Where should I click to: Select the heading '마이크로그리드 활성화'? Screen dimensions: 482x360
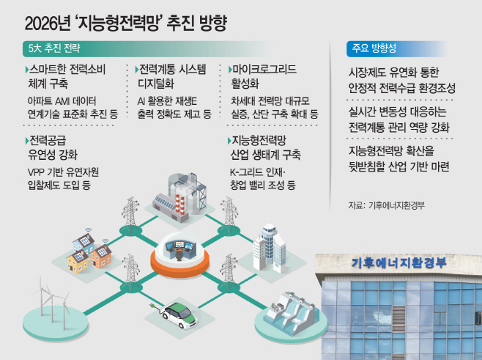coord(262,76)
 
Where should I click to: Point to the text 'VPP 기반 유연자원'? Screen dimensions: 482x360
coord(63,172)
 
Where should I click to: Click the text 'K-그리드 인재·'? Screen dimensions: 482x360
coord(258,172)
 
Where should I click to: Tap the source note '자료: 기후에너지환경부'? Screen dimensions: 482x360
coord(386,205)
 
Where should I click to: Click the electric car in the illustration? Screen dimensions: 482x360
coord(179,315)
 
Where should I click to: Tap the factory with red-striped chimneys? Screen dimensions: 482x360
coord(180,197)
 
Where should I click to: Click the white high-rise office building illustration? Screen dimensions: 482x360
coord(270,249)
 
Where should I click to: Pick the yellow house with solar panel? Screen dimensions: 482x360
coord(78,261)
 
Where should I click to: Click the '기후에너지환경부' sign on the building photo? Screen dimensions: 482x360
coord(398,263)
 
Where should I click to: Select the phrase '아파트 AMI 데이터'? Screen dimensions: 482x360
coord(62,101)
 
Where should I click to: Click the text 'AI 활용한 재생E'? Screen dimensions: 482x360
coord(167,101)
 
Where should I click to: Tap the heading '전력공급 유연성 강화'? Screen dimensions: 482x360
coord(53,147)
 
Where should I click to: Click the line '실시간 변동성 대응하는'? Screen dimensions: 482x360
coord(397,111)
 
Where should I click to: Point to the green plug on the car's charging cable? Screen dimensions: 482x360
coord(152,306)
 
